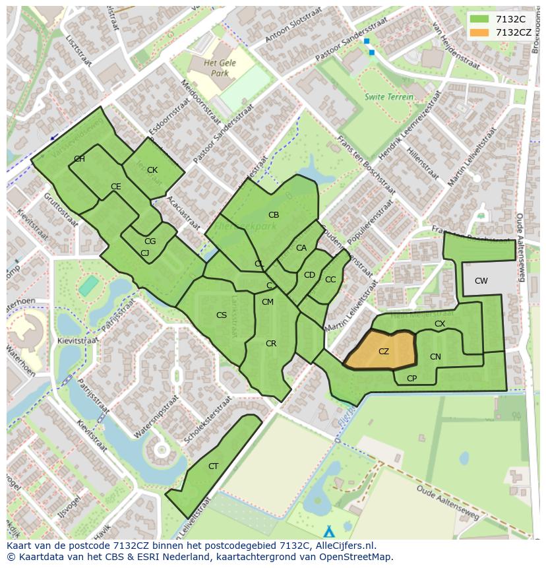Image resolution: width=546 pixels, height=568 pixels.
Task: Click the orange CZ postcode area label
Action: click(x=384, y=352)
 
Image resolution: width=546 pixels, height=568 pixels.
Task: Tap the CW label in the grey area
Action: click(x=481, y=281)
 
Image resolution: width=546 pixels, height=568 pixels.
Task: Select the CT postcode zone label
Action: click(x=213, y=466)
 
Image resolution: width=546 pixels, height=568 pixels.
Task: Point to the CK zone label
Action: click(x=152, y=170)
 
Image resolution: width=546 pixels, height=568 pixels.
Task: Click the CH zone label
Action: click(x=79, y=159)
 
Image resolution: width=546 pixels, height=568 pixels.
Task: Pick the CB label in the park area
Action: click(x=274, y=215)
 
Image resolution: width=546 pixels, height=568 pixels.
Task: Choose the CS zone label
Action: click(x=222, y=315)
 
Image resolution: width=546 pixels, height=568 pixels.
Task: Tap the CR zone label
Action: click(x=271, y=344)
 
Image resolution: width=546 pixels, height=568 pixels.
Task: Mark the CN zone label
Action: click(x=435, y=357)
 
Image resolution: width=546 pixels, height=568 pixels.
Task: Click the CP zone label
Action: click(x=412, y=379)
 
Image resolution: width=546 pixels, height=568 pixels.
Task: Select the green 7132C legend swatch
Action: click(x=480, y=19)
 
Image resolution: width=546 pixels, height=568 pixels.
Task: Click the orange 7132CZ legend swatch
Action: click(x=480, y=32)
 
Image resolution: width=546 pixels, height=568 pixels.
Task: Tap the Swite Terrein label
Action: click(x=389, y=97)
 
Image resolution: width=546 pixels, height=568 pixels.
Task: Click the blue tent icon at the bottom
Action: click(x=329, y=531)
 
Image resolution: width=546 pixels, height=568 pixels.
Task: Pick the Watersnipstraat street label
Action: click(x=156, y=417)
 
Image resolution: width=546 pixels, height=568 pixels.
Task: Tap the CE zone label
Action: click(x=116, y=187)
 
